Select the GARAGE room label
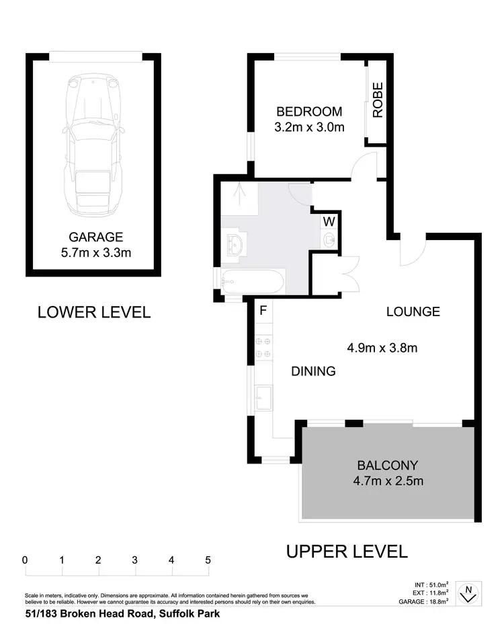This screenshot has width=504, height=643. click(x=96, y=237)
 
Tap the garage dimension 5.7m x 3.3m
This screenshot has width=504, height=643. click(x=96, y=253)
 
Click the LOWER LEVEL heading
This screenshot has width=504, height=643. click(x=94, y=312)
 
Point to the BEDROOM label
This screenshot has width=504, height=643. click(x=309, y=112)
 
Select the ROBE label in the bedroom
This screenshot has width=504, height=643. click(x=378, y=100)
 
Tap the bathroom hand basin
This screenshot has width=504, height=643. click(x=235, y=243)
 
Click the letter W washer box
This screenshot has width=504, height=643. click(x=330, y=221)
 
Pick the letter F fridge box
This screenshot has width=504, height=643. click(x=263, y=310)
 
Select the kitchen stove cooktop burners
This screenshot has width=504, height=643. click(x=263, y=348)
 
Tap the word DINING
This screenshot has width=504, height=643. click(x=313, y=371)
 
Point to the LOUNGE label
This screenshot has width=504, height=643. click(x=413, y=311)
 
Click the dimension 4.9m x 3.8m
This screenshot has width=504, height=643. click(x=382, y=348)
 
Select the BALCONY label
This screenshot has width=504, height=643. click(x=388, y=465)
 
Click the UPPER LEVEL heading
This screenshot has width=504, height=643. click(x=347, y=552)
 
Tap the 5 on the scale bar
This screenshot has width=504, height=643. click(x=208, y=560)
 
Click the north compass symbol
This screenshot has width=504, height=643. click(x=468, y=593)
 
